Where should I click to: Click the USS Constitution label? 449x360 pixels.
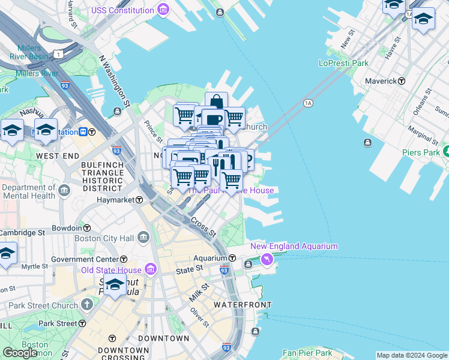(x=122, y=11)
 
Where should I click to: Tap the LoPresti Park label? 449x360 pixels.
(x=343, y=62)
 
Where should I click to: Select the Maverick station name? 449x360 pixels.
(x=382, y=81)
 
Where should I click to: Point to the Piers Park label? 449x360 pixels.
(x=421, y=152)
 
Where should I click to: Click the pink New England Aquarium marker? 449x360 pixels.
(x=267, y=259)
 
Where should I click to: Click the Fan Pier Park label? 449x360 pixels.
(x=307, y=353)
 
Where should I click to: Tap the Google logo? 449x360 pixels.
(x=20, y=353)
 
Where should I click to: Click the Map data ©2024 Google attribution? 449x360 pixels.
(x=412, y=355)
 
